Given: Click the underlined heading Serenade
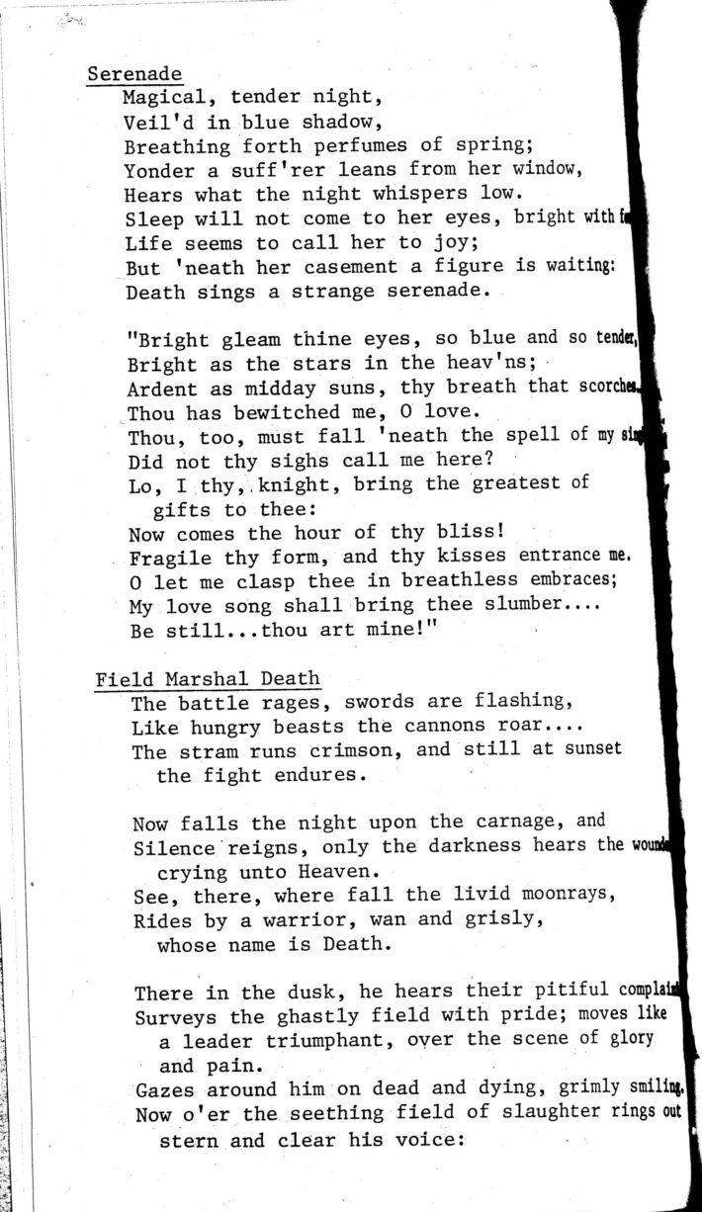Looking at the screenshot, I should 134,75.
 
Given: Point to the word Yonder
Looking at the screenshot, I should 157,170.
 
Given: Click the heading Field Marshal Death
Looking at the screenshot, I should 208,679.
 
